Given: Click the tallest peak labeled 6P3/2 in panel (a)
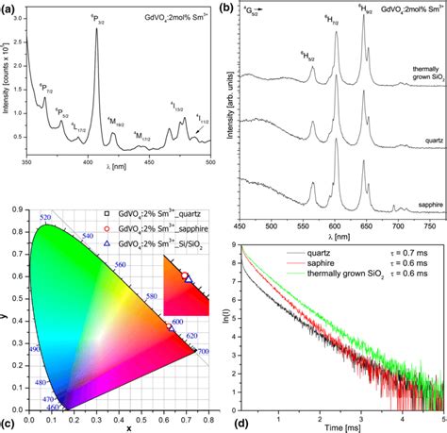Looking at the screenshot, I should click(x=96, y=30).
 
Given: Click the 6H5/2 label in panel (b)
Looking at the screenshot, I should click(x=306, y=56).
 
